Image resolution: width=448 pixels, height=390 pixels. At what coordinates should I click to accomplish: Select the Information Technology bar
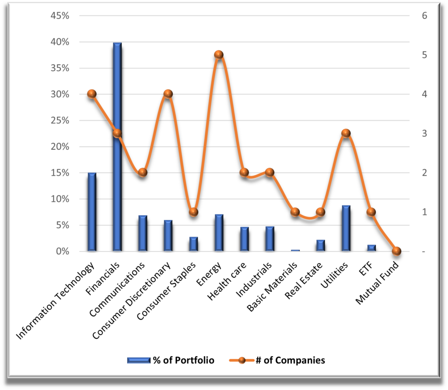coord(92,212)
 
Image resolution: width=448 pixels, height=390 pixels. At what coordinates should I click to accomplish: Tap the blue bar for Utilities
coord(346,228)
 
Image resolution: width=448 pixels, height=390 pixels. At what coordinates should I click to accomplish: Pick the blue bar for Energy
coord(219,233)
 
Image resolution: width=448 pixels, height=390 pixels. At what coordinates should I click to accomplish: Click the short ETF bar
coord(371,248)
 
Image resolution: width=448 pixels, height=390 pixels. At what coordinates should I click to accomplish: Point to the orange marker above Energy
coord(219,55)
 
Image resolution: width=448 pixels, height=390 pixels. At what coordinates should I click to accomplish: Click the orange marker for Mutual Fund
coord(397,251)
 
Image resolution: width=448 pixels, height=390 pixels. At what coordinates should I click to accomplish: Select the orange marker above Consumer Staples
coord(194,212)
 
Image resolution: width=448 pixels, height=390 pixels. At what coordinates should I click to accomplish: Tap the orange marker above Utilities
coord(346,133)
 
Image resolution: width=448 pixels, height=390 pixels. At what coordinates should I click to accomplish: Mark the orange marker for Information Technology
coord(92,94)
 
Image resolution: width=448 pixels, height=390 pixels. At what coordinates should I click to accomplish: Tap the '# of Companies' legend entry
coord(277,361)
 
